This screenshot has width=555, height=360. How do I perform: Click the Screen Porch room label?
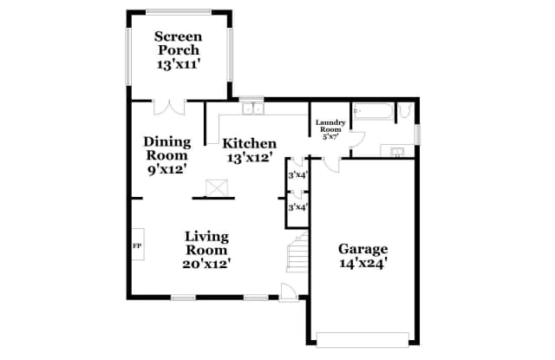[x=178, y=43]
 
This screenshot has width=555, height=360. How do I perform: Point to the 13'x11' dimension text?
[x=178, y=64]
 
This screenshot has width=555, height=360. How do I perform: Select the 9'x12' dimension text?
[x=166, y=169]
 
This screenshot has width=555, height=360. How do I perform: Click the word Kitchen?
[x=250, y=143]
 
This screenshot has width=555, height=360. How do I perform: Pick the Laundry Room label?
[x=330, y=127]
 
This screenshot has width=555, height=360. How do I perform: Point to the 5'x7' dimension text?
[x=330, y=137]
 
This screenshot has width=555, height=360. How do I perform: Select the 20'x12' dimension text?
[x=206, y=263]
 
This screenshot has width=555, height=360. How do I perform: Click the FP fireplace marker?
[x=137, y=246]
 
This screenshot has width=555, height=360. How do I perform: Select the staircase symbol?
[x=298, y=252]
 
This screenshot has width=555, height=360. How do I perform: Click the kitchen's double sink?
[x=252, y=109]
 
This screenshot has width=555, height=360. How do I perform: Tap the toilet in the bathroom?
[x=404, y=111]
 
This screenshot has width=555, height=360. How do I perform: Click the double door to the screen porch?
[x=168, y=108]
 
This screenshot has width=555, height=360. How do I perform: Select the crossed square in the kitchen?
[x=215, y=187]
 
